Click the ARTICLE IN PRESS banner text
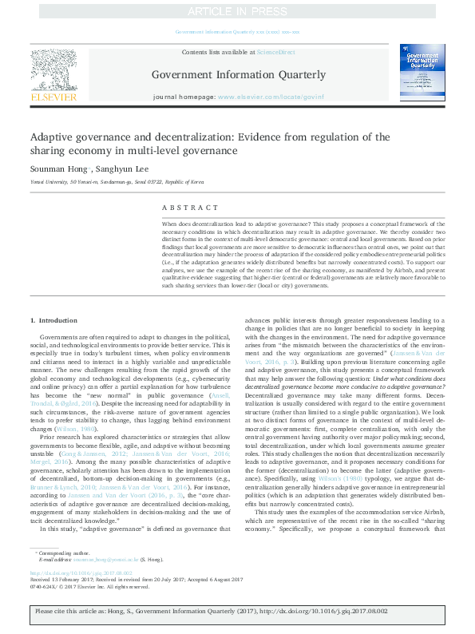tap(236, 11)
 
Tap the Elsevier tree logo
tap(53, 69)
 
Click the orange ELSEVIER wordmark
tap(53, 97)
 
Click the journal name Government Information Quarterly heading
tap(239, 75)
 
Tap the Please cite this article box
tap(237, 612)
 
